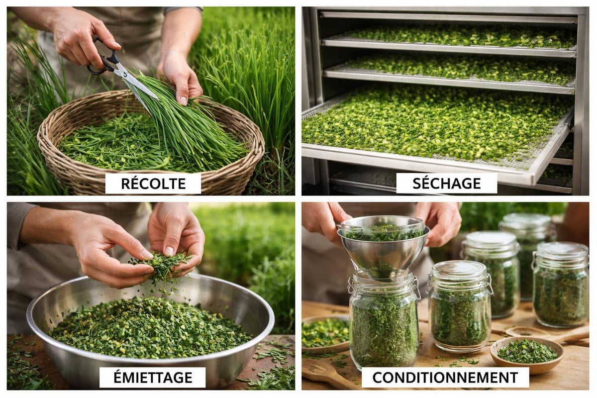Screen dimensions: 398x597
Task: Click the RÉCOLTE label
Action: [x=153, y=183]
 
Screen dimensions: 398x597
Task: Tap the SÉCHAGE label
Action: [x=446, y=183]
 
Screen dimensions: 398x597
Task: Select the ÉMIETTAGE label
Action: [x=152, y=377]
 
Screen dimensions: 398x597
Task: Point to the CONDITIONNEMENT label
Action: [x=445, y=377]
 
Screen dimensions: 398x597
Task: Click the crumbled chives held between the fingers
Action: [x=162, y=264]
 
